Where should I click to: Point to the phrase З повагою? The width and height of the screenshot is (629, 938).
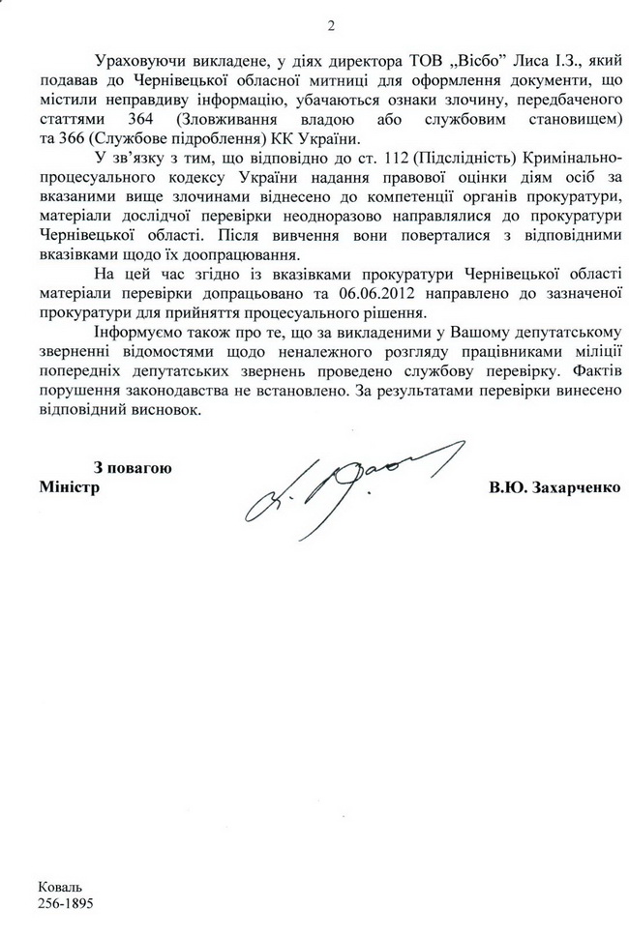click(133, 468)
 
